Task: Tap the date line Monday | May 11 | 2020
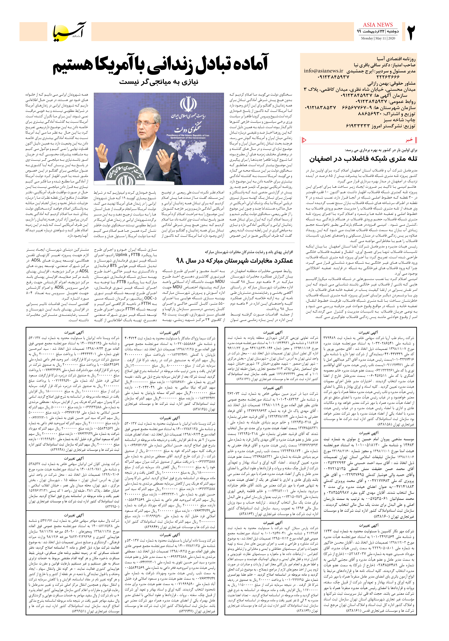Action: coord(378,38)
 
